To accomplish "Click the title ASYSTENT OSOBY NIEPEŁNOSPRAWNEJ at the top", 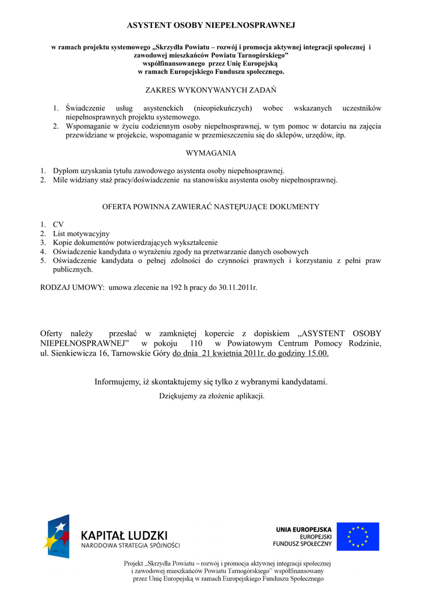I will coord(211,26).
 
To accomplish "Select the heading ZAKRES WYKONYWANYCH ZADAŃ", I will coord(210,90).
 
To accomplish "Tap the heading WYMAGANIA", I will coord(210,153).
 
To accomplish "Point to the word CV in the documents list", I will coord(58,224).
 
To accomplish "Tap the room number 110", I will coord(192,344).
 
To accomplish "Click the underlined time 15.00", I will coord(318,354).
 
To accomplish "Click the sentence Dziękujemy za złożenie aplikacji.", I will coord(212,396).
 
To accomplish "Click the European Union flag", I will coord(358,536).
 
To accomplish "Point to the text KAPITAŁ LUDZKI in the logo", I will coord(124,535).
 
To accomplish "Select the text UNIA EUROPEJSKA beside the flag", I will coord(304,529).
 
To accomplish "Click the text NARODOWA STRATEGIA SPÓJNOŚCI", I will coord(130,546).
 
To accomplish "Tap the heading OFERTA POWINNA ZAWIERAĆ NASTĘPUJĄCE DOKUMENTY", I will coord(210,207).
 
